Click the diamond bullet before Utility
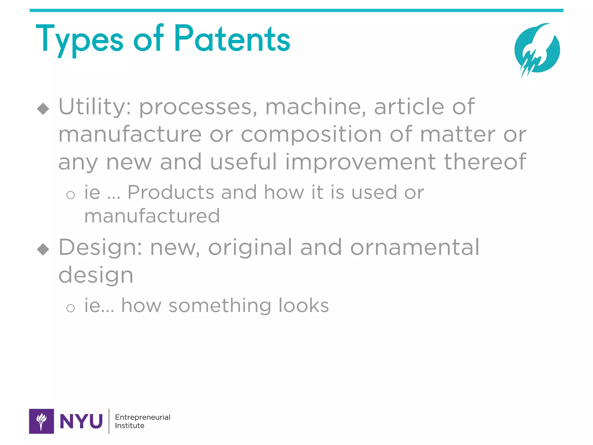click(x=43, y=109)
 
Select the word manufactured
click(x=152, y=216)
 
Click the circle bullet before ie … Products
click(x=70, y=195)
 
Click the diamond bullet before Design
click(x=43, y=249)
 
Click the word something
click(x=220, y=306)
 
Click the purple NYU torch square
click(x=41, y=421)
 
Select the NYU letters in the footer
click(x=81, y=422)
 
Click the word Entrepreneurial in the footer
click(x=142, y=417)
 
